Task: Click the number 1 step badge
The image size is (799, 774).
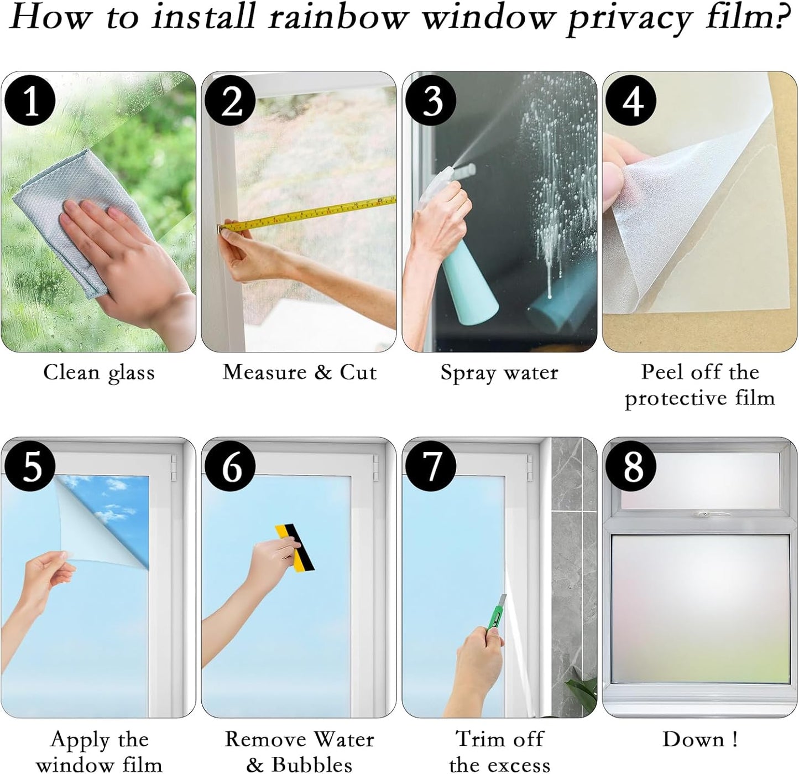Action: (30, 101)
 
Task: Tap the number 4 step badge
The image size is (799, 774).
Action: (631, 101)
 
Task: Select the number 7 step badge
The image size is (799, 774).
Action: (431, 466)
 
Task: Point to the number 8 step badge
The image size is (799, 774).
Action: (631, 466)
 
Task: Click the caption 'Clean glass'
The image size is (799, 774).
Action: (99, 372)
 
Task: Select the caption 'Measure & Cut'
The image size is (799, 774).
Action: (299, 372)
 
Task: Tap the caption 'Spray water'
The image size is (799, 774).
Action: (499, 372)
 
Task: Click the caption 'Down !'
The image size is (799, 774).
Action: (699, 739)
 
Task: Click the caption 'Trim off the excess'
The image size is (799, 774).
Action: (499, 751)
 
